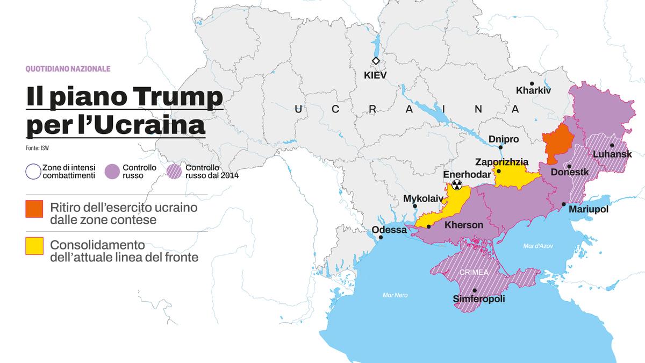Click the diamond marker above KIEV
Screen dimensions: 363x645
[376, 61]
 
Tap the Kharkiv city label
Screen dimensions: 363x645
[533, 90]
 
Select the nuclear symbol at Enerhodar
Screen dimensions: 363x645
[456, 185]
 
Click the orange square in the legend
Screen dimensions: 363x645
[34, 209]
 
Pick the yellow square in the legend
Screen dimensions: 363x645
[34, 246]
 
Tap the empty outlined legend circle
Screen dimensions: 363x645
[33, 172]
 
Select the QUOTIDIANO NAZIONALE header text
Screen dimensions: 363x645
[68, 69]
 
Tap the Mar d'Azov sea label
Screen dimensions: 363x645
[537, 246]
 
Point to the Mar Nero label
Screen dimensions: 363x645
[396, 295]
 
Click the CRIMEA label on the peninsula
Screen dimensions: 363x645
[474, 272]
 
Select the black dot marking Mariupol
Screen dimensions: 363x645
[563, 204]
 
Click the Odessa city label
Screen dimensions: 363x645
[389, 230]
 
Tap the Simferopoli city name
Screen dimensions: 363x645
[479, 299]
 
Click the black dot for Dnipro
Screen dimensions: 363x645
[500, 147]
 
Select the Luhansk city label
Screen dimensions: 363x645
[612, 154]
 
